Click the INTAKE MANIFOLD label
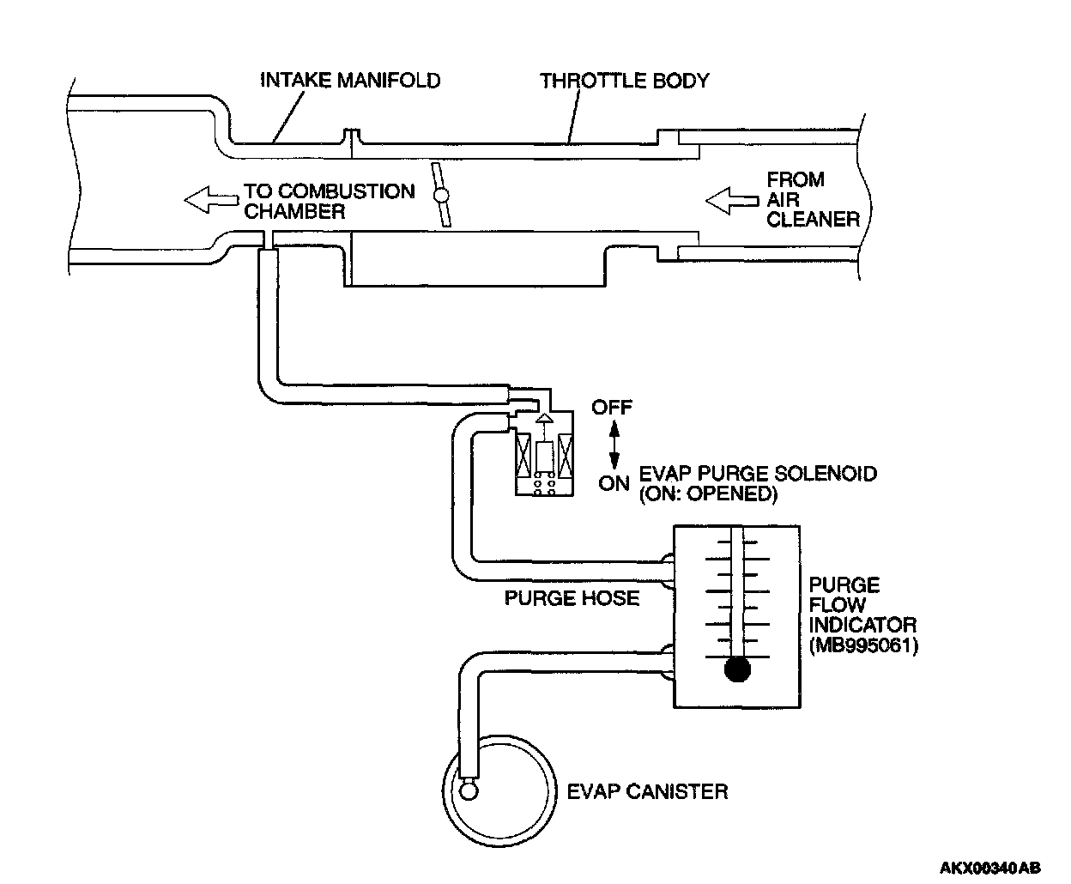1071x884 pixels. (350, 81)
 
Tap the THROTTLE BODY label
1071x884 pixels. (624, 81)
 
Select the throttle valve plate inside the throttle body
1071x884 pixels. (441, 196)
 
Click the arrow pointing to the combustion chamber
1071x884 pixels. (210, 200)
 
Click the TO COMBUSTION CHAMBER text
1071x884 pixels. (329, 201)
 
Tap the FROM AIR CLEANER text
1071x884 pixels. (812, 199)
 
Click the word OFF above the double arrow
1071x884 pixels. (611, 407)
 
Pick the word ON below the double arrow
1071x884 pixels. (614, 483)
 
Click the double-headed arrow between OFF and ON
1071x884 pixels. (614, 445)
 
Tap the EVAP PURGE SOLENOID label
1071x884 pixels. (759, 474)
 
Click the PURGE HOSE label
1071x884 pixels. (572, 597)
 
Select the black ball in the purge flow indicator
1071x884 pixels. (736, 669)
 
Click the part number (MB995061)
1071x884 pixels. (863, 645)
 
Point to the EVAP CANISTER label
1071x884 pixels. (647, 790)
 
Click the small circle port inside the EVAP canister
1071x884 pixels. (469, 790)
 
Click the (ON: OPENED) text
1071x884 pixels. (708, 494)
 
